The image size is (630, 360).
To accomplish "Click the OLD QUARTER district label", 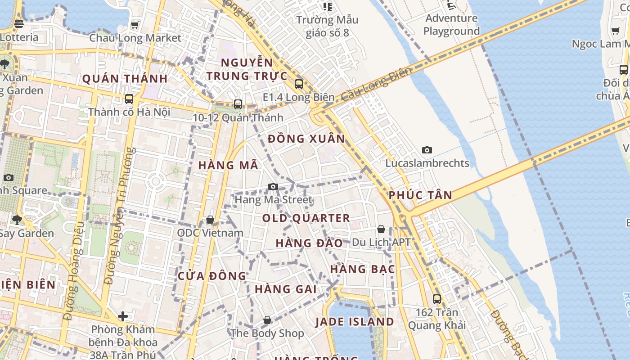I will coord(306,218).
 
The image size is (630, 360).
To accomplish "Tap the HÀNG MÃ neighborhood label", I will coord(229,165).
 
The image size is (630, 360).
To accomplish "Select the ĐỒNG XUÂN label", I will coord(306,139).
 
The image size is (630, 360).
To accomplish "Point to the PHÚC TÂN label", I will coord(420,195).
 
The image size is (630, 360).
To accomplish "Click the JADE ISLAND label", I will coord(355,322).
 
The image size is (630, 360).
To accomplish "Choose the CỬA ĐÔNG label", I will coord(212,276).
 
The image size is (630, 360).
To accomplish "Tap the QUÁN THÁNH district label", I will coord(125,79).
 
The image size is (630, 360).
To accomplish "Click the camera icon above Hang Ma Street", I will coord(273,186).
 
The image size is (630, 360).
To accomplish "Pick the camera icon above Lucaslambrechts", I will coord(427,150).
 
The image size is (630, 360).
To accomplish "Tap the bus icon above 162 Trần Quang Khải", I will coord(436,299).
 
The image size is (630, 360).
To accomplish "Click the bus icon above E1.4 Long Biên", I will coord(298,84).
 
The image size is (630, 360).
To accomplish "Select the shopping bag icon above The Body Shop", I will coord(267,320).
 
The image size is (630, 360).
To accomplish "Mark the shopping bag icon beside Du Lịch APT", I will coord(381,229).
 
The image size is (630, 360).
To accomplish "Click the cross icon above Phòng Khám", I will coord(123,316).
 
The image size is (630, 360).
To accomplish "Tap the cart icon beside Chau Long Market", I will coord(135,25).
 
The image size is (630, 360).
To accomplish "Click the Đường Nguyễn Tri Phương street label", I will coord(119,216).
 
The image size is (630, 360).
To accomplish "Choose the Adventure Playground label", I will coord(451,25).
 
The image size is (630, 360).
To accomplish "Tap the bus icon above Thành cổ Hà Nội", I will coord(129,99).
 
